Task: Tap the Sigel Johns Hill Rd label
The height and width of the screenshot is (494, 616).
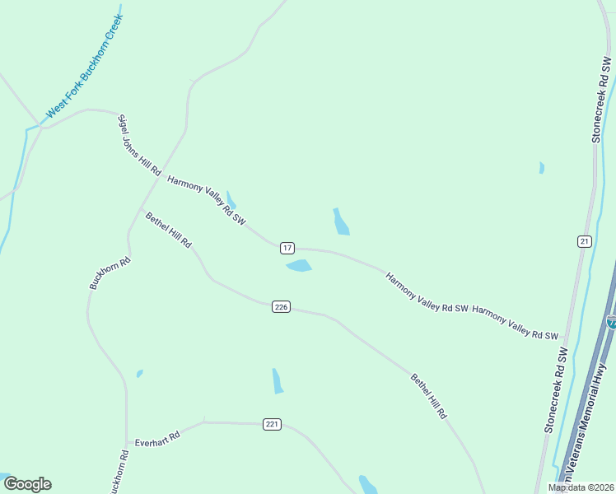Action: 138,145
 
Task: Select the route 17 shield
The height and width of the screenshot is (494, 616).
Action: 287,248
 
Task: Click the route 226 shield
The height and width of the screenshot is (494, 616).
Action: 281,307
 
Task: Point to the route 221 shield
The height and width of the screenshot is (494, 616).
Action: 273,424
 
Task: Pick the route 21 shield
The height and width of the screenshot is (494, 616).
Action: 584,240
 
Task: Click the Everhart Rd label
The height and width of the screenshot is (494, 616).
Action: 157,436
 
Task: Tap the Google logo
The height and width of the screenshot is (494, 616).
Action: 27,484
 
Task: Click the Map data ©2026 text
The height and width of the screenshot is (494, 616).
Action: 580,487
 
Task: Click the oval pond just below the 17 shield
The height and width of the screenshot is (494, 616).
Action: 299,266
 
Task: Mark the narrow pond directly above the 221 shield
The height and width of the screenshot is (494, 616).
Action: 278,380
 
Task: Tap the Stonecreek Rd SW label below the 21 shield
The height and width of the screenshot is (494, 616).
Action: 556,390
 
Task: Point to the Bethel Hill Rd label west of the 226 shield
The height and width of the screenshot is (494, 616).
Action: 168,231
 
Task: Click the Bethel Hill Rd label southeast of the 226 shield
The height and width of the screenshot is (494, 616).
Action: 428,397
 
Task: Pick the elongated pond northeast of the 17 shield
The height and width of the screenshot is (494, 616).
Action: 341,221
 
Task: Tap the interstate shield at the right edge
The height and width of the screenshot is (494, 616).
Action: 612,322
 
